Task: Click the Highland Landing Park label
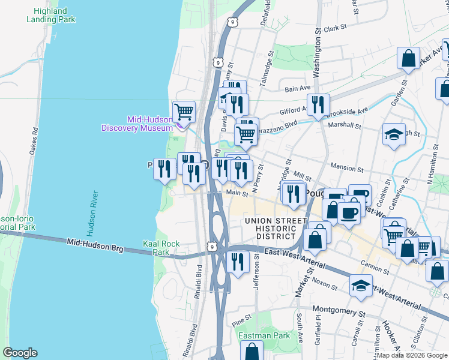pyautogui.click(x=51, y=15)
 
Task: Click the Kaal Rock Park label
pyautogui.click(x=161, y=248)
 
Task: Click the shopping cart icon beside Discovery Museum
pyautogui.click(x=184, y=112)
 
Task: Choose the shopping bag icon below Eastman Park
pyautogui.click(x=252, y=351)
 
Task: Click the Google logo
pyautogui.click(x=20, y=353)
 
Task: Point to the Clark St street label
pyautogui.click(x=335, y=28)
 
